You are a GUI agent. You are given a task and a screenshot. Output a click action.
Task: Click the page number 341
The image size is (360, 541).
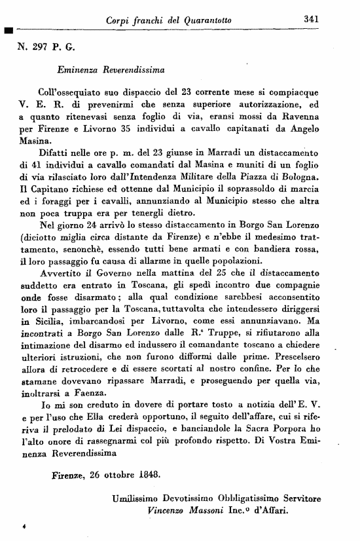pyautogui.click(x=311, y=19)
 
